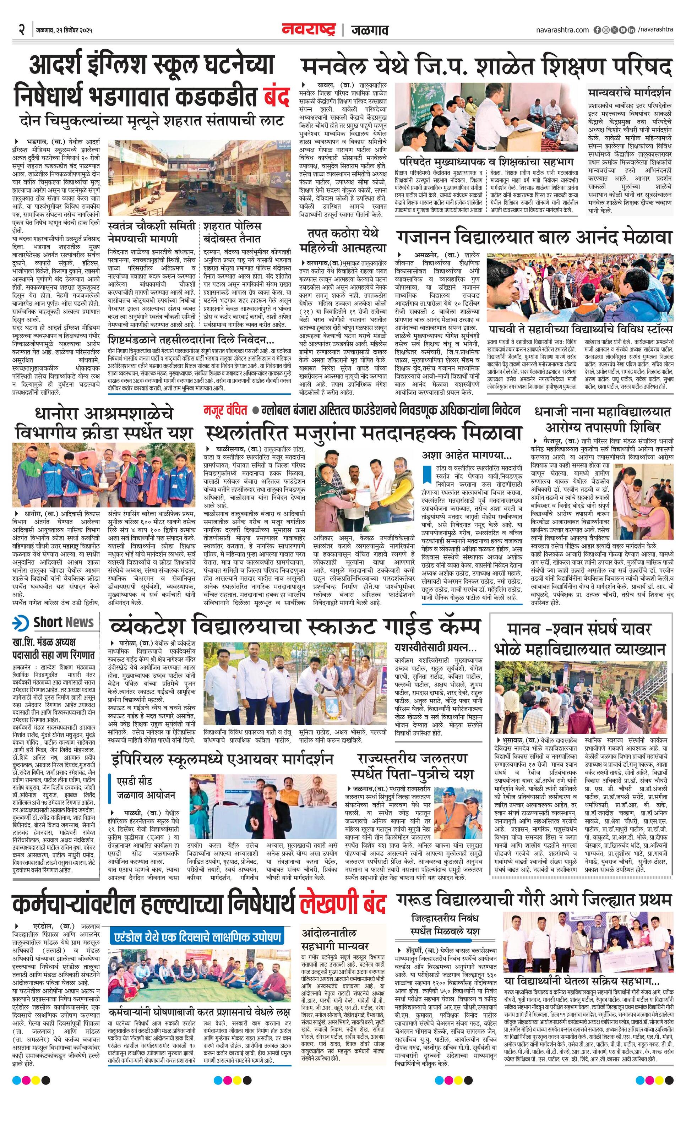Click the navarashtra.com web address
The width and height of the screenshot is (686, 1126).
(x=562, y=30)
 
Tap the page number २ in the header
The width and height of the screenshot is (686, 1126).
(x=21, y=31)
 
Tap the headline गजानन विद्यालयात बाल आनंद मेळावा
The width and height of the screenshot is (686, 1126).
(x=534, y=238)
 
